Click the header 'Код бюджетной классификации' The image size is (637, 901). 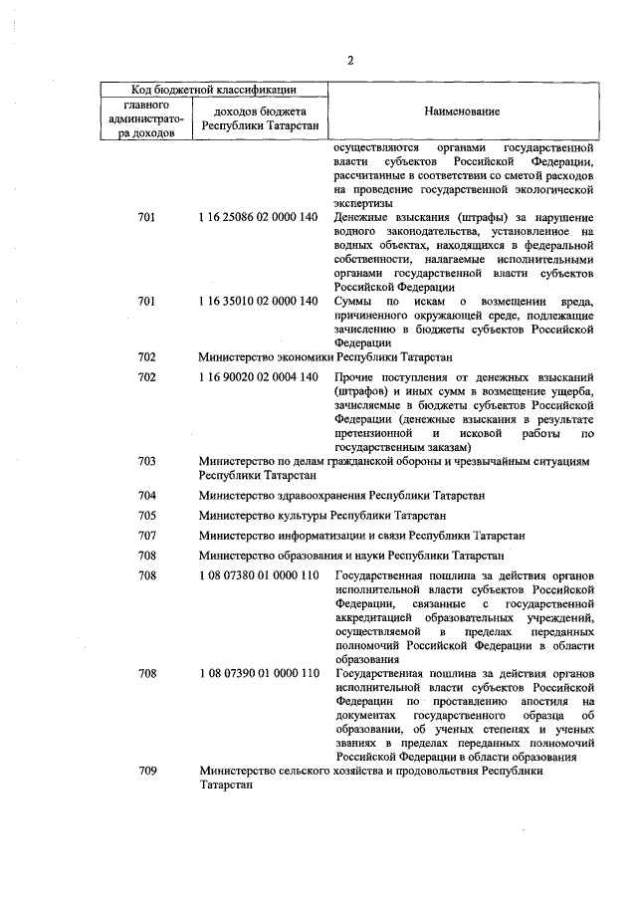[217, 90]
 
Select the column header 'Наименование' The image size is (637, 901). [462, 112]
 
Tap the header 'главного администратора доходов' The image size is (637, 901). [146, 117]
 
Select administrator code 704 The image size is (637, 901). [146, 496]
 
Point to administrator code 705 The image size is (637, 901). [146, 516]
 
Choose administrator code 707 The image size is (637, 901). [146, 536]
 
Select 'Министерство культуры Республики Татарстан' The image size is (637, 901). [321, 516]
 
